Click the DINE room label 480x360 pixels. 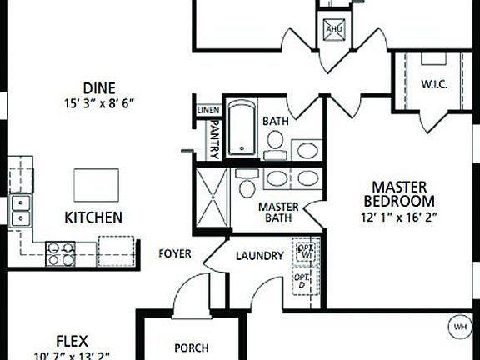pyautogui.click(x=98, y=87)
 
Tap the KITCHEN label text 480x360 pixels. pyautogui.click(x=93, y=217)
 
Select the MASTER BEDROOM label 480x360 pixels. pyautogui.click(x=399, y=193)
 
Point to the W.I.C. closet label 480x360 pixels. pyautogui.click(x=435, y=84)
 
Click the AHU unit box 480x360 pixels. pyautogui.click(x=334, y=29)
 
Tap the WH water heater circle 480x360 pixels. pyautogui.click(x=459, y=326)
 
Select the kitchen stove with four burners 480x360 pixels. pyautogui.click(x=59, y=252)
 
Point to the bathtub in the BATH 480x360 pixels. pyautogui.click(x=242, y=128)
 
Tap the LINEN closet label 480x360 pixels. pyautogui.click(x=208, y=110)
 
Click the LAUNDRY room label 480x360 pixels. pyautogui.click(x=259, y=256)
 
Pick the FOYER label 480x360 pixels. pyautogui.click(x=175, y=252)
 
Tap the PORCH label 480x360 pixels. pyautogui.click(x=191, y=347)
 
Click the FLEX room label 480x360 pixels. pyautogui.click(x=72, y=340)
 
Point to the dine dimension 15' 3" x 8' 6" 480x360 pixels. pyautogui.click(x=98, y=102)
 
